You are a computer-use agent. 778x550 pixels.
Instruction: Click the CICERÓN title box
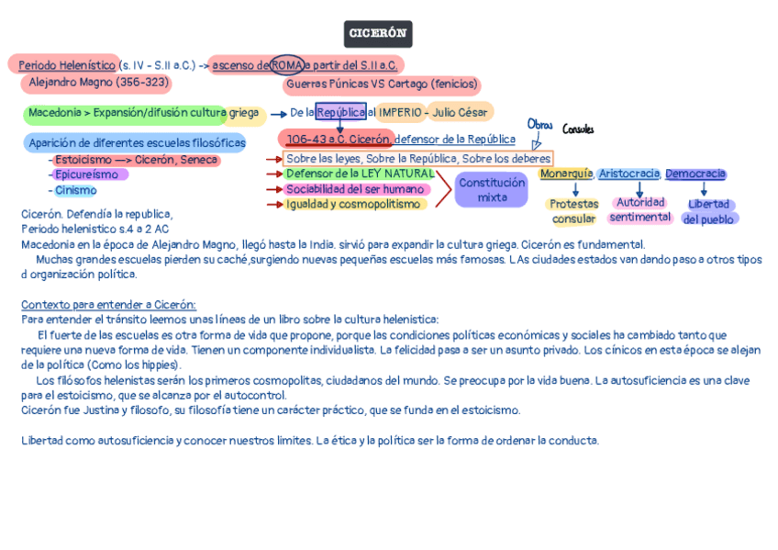[x=378, y=34]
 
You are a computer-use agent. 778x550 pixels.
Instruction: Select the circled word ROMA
[x=288, y=65]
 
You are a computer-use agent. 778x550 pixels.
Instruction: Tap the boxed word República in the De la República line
[x=340, y=112]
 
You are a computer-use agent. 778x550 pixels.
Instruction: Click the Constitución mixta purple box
[x=492, y=189]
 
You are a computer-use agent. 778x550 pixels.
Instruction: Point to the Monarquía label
[x=565, y=174]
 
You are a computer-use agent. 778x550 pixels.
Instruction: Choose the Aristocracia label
[x=628, y=174]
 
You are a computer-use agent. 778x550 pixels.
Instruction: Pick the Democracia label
[x=695, y=174]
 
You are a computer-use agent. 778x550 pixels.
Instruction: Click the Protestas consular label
[x=574, y=211]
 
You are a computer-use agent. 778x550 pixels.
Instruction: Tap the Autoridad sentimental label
[x=640, y=210]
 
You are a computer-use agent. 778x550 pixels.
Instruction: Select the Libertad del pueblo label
[x=708, y=211]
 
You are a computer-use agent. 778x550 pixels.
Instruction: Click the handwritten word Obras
[x=539, y=126]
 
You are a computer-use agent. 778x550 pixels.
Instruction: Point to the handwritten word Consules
[x=578, y=129]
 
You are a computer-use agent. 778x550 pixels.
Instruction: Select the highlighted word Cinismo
[x=75, y=190]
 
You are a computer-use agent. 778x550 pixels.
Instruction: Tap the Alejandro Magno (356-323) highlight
[x=99, y=83]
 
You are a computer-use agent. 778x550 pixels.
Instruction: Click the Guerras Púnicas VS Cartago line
[x=382, y=84]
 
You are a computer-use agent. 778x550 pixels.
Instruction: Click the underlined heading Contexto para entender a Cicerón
[x=108, y=305]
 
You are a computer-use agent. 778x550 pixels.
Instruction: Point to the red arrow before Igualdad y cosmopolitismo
[x=272, y=204]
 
